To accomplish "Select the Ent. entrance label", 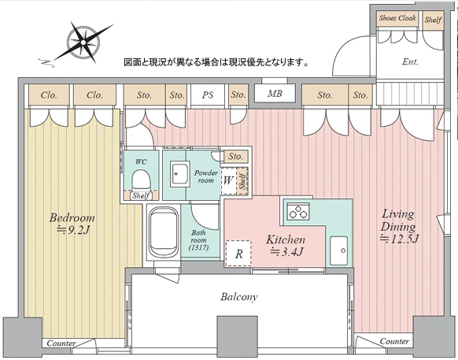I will (410, 61).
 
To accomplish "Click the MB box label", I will (275, 95).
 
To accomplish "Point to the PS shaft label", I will (208, 95).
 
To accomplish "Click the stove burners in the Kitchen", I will (297, 210).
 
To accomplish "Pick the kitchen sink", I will (339, 251).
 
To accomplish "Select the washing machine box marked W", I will (228, 180).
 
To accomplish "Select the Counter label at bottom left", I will (61, 343).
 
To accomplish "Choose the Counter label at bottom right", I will (394, 341).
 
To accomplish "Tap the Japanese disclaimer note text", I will (216, 61).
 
